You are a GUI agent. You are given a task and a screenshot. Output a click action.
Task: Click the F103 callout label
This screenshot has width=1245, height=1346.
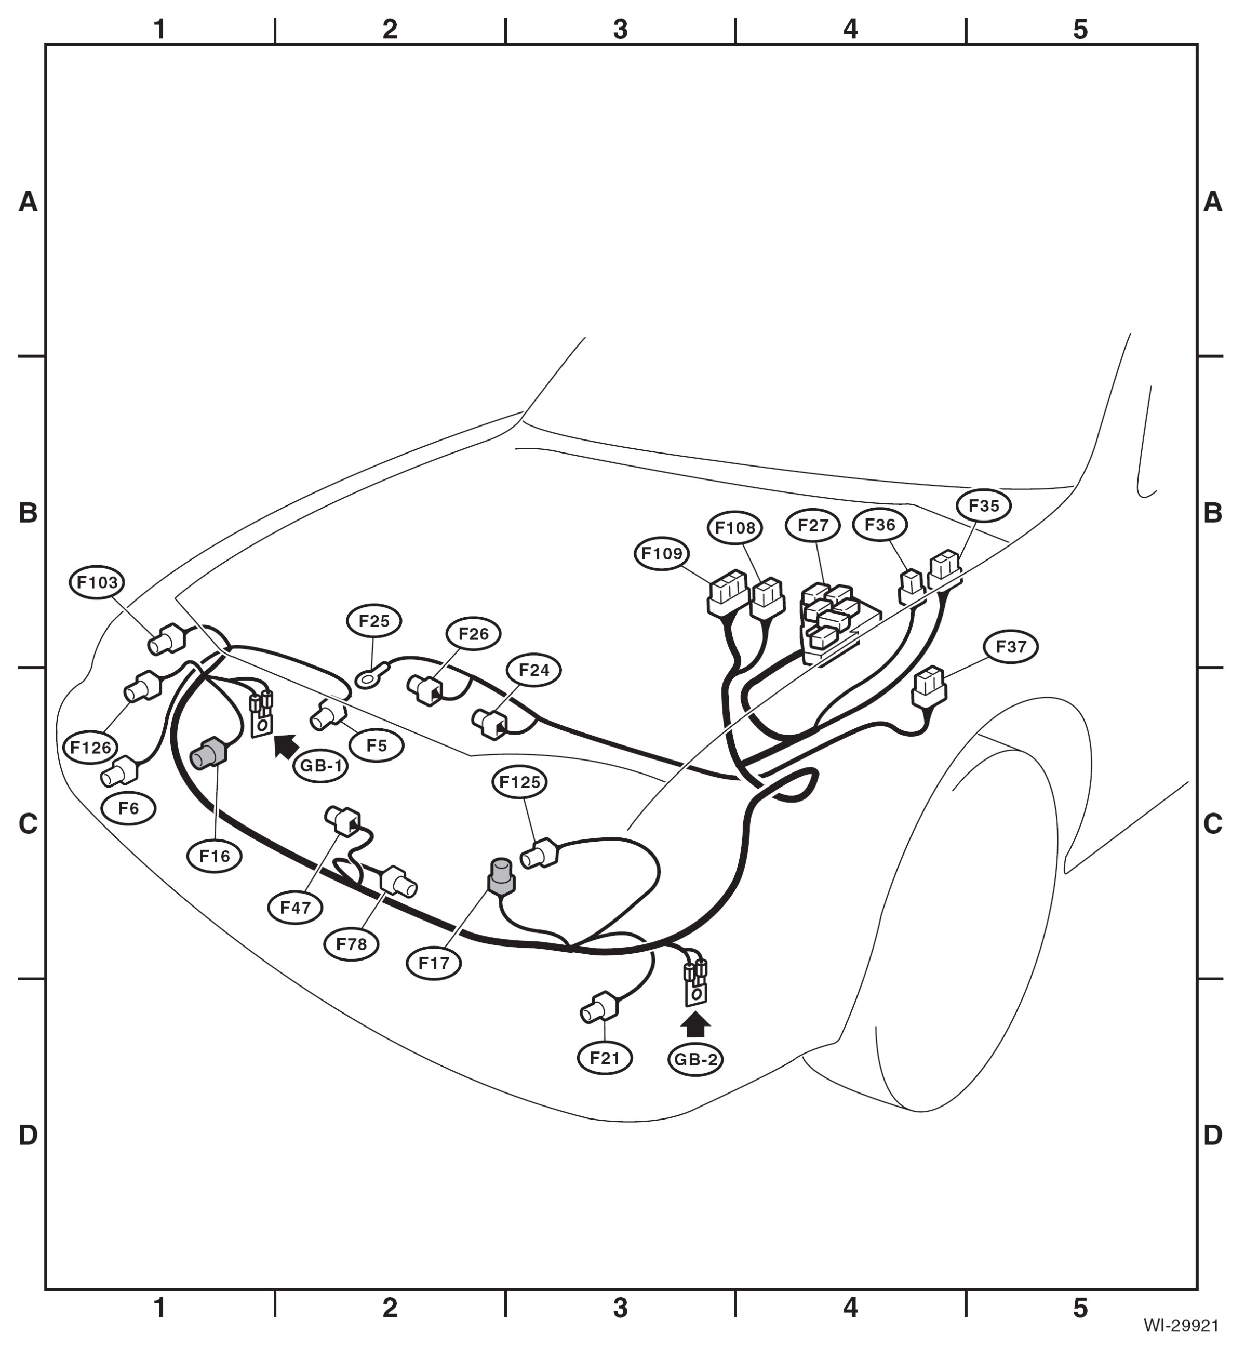[x=98, y=582]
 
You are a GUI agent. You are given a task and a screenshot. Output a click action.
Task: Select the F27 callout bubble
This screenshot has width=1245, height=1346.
[x=813, y=526]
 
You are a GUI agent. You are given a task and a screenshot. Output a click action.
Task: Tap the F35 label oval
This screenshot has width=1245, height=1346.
[x=984, y=505]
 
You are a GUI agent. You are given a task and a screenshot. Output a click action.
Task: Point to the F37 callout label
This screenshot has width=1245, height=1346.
[x=1011, y=647]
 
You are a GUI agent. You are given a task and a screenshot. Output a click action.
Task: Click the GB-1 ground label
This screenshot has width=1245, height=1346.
[x=320, y=767]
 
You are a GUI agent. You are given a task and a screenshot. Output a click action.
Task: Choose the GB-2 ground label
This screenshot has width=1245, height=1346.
[x=696, y=1060]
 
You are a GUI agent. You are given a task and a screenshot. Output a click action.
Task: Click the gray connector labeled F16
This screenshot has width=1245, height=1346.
[x=208, y=754]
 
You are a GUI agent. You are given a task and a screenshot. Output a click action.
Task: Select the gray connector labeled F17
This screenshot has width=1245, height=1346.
[x=501, y=876]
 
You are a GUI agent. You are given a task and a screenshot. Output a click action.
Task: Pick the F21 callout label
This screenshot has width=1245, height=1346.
[x=605, y=1058]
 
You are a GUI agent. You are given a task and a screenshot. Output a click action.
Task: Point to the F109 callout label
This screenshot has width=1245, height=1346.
[x=662, y=554]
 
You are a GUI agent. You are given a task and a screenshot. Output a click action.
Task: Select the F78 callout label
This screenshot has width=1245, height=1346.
[x=352, y=944]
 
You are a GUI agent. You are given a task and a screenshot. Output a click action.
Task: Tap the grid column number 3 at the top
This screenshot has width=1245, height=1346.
[x=621, y=30]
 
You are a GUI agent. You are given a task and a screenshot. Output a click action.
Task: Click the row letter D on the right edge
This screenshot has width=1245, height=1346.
[x=1213, y=1135]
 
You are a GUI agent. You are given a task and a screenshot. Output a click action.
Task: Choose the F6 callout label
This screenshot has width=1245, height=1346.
[x=129, y=808]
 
